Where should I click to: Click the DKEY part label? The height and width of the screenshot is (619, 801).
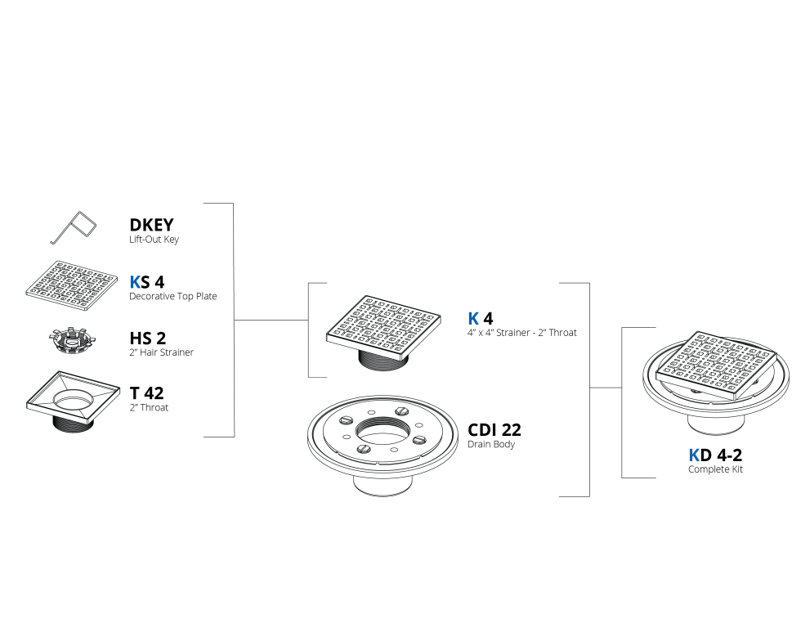151,225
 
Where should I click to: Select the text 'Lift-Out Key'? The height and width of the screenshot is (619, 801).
154,240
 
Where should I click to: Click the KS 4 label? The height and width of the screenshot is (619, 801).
146,282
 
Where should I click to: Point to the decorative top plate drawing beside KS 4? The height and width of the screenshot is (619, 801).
72,285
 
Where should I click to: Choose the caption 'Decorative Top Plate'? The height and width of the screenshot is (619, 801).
172,296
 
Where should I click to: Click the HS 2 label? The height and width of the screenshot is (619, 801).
148,338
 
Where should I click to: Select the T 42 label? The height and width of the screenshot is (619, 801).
146,393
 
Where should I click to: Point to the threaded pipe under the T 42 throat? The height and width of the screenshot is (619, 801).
73,424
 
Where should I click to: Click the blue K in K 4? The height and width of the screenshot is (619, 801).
473,319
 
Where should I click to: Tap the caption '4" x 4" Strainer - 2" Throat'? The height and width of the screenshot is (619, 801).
522,333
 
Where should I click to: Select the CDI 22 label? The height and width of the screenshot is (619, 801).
494,430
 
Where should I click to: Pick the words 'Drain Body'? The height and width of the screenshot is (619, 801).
491,444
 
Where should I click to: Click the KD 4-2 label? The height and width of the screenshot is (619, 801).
715,455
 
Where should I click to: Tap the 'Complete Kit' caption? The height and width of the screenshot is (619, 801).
715,469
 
